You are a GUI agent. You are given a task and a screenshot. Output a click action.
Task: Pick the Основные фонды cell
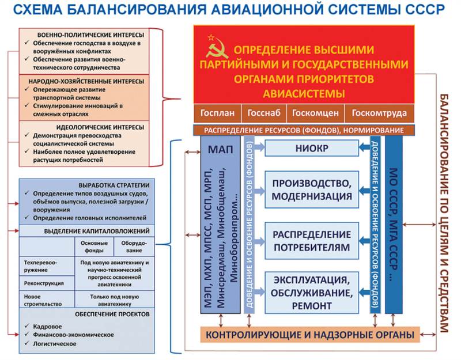point(94,247)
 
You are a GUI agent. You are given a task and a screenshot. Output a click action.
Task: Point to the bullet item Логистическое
point(55,344)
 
